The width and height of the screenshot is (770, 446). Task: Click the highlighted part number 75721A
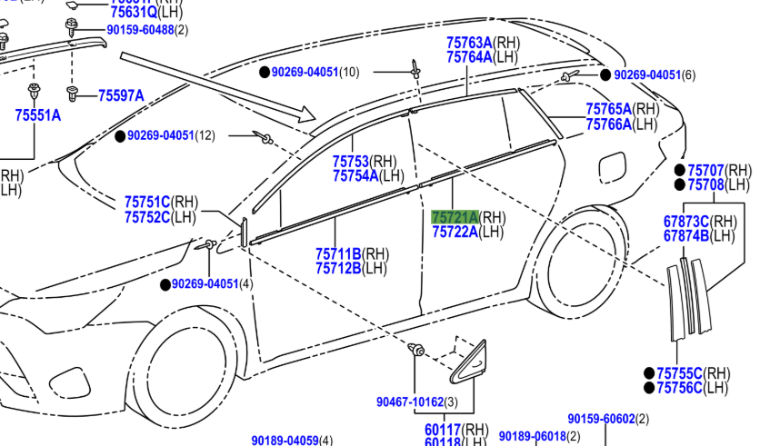(x=454, y=217)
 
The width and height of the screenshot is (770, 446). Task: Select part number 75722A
(x=454, y=232)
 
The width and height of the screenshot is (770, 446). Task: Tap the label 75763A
(x=469, y=43)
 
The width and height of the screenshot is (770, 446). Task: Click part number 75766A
(x=608, y=124)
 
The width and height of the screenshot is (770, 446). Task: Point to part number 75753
(x=352, y=162)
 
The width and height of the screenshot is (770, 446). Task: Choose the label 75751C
(x=147, y=203)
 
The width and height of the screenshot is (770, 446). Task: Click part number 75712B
(x=338, y=268)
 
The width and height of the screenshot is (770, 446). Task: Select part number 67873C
(x=686, y=222)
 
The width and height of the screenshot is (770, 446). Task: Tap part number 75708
(x=705, y=184)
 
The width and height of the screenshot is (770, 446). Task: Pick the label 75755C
(x=679, y=373)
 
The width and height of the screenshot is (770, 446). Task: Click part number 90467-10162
(x=409, y=401)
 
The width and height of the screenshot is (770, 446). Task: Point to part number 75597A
(x=121, y=95)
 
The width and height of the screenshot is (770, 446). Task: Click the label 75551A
(x=37, y=115)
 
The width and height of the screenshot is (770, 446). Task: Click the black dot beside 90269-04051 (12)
(x=119, y=136)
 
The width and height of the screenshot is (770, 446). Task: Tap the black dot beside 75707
(x=679, y=170)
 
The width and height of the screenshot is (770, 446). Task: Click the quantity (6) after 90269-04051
(x=688, y=75)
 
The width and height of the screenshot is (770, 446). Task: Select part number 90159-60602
(x=601, y=419)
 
